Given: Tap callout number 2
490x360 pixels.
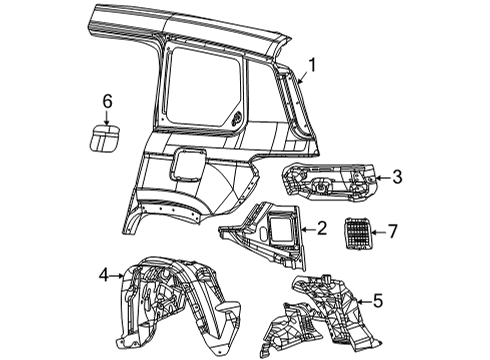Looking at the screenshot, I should pos(323,229).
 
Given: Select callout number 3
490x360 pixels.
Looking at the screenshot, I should pos(397,178).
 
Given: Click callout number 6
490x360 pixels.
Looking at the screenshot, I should pos(108,100).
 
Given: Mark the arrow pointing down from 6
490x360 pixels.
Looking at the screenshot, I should pos(108,116).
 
